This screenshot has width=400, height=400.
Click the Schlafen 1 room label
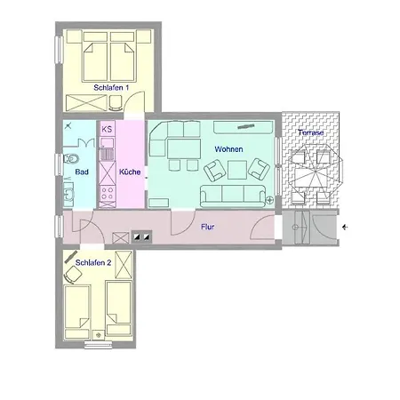[x=111, y=88]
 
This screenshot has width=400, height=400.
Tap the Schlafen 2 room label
[x=93, y=262]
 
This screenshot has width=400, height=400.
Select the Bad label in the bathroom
[x=82, y=172]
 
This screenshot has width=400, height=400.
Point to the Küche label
[x=130, y=172]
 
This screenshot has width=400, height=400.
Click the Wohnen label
[x=228, y=149]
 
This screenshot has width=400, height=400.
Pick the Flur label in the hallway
[x=207, y=227]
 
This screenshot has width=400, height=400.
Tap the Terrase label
[x=311, y=132]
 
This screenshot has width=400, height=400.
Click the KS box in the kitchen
[x=107, y=129]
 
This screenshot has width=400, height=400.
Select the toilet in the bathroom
[x=71, y=159]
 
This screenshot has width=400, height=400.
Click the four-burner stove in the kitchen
[x=107, y=193]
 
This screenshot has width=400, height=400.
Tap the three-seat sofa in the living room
[x=233, y=196]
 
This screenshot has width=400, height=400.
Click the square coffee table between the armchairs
[x=237, y=170]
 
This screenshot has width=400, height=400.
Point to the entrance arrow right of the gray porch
[x=345, y=228]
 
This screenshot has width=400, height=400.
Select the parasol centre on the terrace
[x=316, y=172]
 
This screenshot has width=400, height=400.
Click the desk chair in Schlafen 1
[x=116, y=103]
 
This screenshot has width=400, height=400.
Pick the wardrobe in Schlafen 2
[x=124, y=265]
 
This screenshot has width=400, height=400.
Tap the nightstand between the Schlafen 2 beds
[x=98, y=335]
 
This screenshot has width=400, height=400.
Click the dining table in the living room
[x=184, y=149]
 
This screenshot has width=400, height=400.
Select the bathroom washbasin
[x=68, y=194]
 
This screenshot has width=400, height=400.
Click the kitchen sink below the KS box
[x=107, y=143]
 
